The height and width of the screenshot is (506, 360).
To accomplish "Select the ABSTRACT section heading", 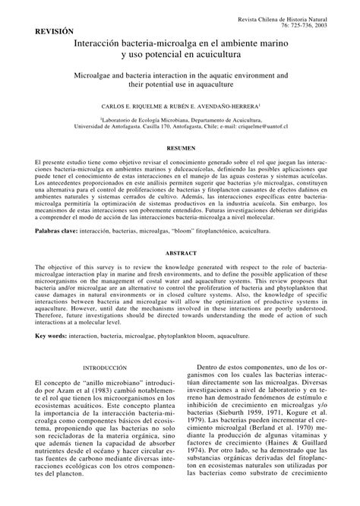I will pyautogui.click(x=180, y=251).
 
